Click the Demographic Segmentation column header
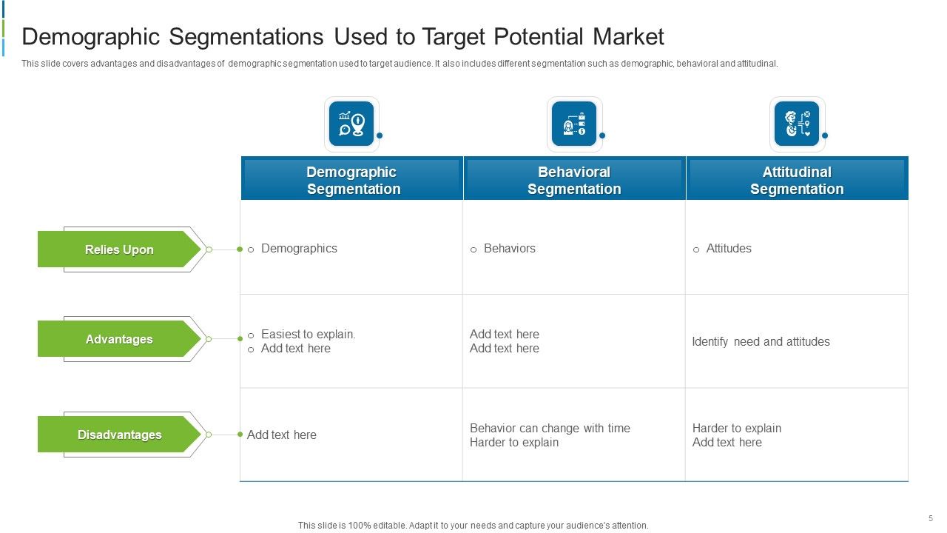click(352, 180)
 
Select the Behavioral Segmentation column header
click(574, 180)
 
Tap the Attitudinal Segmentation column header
click(797, 180)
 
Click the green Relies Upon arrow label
click(119, 249)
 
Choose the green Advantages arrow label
click(119, 339)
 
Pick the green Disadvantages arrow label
click(119, 435)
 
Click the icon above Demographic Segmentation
click(351, 124)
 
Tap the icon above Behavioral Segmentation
click(574, 124)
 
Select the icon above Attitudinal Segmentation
click(797, 124)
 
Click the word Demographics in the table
click(299, 249)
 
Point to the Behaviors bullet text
click(509, 249)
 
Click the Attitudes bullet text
click(729, 249)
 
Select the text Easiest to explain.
click(308, 335)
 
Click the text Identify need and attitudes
click(761, 342)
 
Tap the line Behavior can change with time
click(550, 429)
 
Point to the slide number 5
click(930, 518)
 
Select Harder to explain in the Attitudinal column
click(736, 429)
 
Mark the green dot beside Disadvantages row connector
click(240, 435)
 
